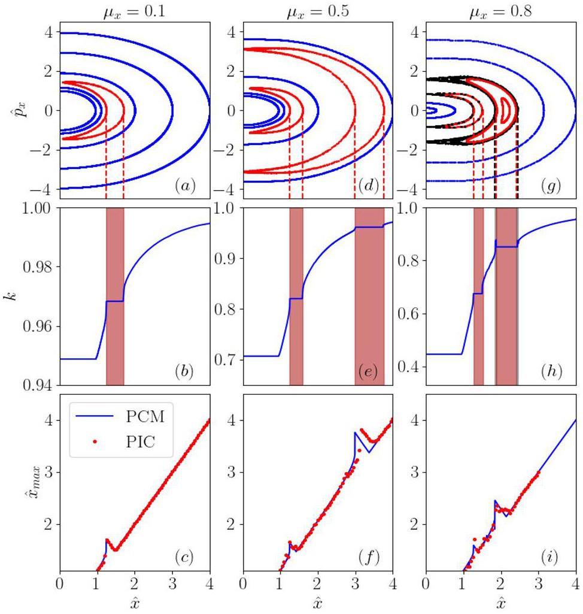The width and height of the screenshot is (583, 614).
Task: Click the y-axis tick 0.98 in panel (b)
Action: (x=38, y=267)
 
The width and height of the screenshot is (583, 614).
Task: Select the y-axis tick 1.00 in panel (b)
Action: (x=38, y=208)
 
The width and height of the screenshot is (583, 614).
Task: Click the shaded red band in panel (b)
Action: (x=115, y=296)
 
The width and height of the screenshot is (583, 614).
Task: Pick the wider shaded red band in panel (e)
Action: (x=369, y=296)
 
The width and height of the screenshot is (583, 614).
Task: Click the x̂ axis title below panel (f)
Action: (x=318, y=601)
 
